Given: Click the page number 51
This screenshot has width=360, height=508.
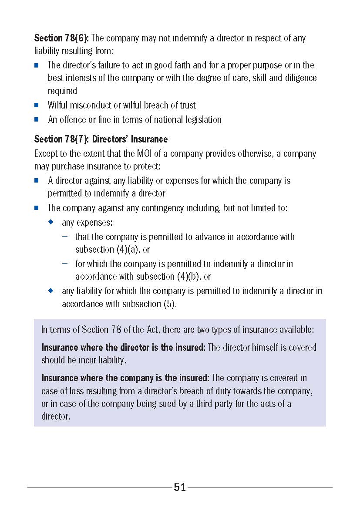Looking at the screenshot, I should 180,487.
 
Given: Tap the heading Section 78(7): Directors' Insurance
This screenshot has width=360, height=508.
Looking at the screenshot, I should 101,139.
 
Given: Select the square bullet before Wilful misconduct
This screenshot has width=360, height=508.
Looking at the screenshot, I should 37,105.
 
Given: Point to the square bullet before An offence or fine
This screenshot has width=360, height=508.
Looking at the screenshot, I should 37,119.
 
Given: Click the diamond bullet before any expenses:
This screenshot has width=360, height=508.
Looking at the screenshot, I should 51,222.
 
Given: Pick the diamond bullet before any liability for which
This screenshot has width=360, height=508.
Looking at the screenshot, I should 51,290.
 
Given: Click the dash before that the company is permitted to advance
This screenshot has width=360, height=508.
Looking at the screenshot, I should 65,237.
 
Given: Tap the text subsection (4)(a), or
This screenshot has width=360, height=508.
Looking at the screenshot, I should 112,250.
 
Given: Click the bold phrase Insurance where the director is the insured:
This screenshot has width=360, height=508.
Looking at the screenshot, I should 123,348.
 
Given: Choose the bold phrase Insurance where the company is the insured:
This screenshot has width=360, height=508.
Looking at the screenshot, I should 125,378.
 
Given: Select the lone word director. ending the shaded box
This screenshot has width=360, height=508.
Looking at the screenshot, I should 55,417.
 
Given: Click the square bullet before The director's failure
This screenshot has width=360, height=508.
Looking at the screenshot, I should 37,65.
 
